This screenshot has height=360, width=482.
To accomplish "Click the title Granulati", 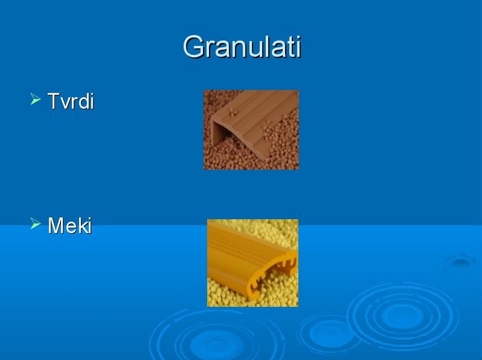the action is click(x=242, y=47).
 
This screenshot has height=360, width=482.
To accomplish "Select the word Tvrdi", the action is click(x=71, y=101).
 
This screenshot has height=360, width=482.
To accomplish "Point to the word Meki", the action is click(x=70, y=225).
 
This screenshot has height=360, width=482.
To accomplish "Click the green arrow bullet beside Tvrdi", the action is click(x=35, y=99).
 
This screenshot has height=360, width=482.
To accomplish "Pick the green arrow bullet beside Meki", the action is click(x=35, y=224).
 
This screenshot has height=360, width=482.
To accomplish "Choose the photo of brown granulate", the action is click(x=251, y=130).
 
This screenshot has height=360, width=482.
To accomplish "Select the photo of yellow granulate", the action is click(x=252, y=263).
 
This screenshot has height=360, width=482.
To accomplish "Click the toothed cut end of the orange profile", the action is click(x=271, y=275).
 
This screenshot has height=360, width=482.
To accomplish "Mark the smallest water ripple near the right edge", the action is click(x=460, y=262).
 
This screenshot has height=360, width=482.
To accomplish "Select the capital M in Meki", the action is click(x=56, y=225).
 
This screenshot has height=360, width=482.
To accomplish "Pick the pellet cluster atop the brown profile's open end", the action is click(x=232, y=113).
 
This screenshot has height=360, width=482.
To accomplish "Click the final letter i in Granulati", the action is click(x=298, y=46).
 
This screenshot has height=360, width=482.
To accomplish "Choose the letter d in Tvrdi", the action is click(x=83, y=101).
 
